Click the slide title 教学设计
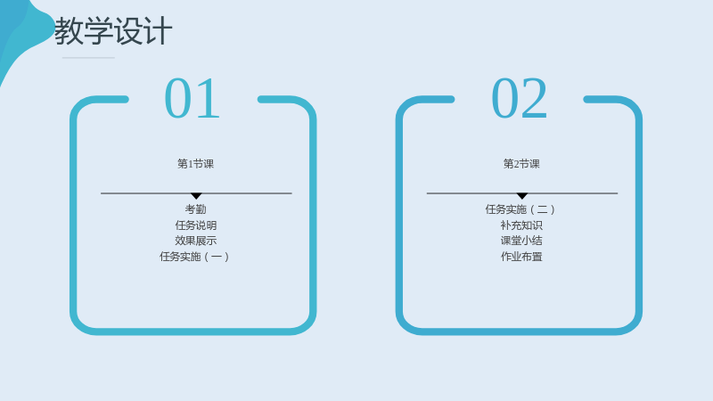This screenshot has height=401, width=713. click(113, 31)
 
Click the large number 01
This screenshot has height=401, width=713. click(193, 98)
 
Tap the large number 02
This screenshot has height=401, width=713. click(519, 98)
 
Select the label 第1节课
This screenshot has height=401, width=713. click(195, 164)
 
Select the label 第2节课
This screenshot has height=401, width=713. click(521, 164)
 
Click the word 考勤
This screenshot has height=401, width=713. click(195, 209)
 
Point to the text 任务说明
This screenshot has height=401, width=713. click(195, 225)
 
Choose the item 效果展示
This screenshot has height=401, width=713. click(195, 241)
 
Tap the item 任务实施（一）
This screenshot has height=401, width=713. click(194, 257)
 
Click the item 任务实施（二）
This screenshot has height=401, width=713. click(520, 209)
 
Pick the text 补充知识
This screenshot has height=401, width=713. click(521, 225)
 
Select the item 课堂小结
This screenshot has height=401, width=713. click(521, 241)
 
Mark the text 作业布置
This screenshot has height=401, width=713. click(521, 257)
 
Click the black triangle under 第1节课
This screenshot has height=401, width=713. click(196, 195)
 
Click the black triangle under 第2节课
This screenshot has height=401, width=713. click(522, 195)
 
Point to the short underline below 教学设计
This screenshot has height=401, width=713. click(88, 58)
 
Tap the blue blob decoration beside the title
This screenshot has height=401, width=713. click(20, 32)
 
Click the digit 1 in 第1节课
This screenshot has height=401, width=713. click(191, 164)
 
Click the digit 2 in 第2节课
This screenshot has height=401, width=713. click(517, 164)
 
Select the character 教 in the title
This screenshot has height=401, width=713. click(69, 31)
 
